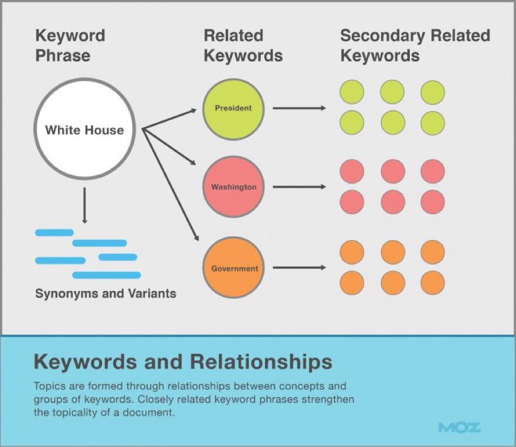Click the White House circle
tap(84, 129)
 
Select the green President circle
tap(233, 108)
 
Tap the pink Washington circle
tap(233, 188)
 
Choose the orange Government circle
tap(234, 269)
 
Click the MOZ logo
tap(459, 426)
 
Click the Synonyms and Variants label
tap(106, 293)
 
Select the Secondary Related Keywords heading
tap(415, 45)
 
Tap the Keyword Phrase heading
tap(70, 45)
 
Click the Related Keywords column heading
tap(243, 45)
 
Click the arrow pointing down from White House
tap(85, 205)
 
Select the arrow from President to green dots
tap(299, 108)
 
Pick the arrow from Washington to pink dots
tap(299, 187)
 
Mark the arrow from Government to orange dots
tap(299, 268)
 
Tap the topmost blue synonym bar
tap(55, 232)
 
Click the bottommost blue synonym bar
tap(106, 275)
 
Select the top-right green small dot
tap(432, 93)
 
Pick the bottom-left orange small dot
tap(352, 282)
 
